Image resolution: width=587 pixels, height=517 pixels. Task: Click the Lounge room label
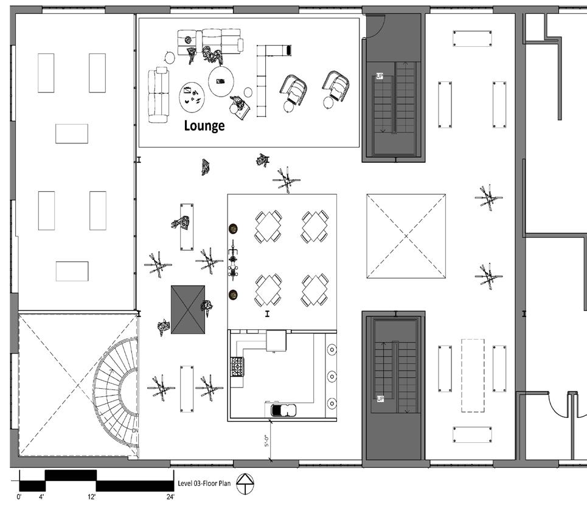pos(204,126)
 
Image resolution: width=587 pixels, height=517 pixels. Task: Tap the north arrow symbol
pos(246,484)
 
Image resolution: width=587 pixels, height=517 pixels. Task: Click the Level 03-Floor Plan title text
pos(205,484)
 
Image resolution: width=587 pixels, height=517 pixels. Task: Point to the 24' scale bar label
pos(170,498)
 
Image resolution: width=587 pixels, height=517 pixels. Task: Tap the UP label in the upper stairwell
pos(380,77)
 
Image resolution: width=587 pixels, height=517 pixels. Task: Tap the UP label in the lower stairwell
pos(380,399)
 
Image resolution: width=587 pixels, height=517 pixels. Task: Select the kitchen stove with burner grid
pos(236,366)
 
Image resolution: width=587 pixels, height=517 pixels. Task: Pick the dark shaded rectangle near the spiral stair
pos(188,309)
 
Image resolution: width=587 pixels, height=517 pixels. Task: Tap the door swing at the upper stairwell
pos(378,26)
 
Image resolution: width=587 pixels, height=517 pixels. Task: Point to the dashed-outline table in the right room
pos(472,375)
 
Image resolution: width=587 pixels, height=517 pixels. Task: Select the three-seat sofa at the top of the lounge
pos(210,42)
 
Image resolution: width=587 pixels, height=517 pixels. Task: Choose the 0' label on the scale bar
pos(19,498)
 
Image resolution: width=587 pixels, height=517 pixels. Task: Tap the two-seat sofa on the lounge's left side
pos(159,95)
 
